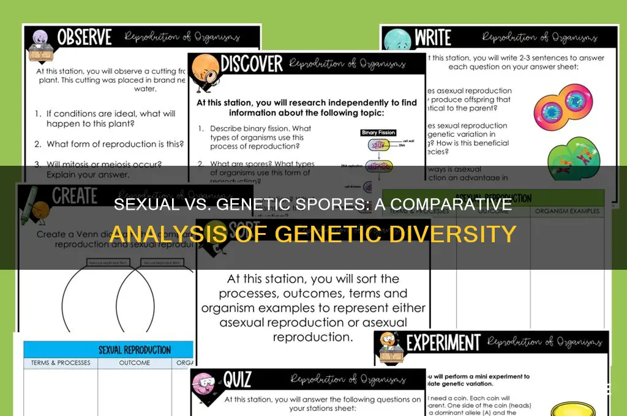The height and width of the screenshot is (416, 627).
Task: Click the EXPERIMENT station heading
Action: (444, 343)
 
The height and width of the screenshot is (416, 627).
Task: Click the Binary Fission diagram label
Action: (379, 132)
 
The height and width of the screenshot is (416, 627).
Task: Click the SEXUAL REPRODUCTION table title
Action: (134, 350)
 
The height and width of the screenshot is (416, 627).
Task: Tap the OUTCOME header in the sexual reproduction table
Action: (135, 363)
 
